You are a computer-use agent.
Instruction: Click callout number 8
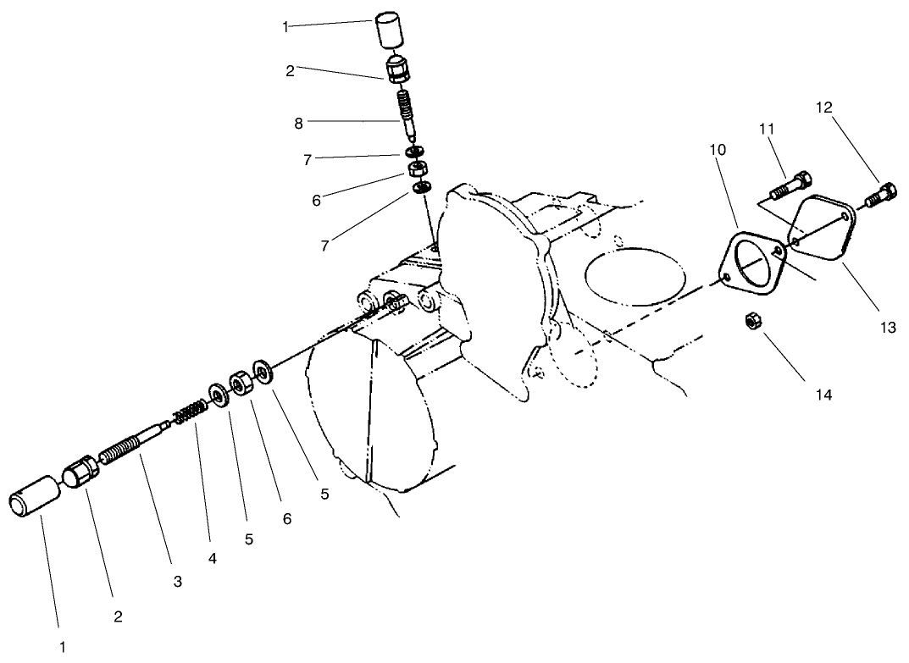[x=298, y=123]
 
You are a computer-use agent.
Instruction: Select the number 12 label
[x=824, y=108]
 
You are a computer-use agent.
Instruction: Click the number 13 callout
[x=887, y=328]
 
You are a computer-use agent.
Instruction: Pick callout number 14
[x=823, y=394]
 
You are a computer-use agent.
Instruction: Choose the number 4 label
[x=213, y=558]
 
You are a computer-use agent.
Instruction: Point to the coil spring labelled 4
[x=192, y=413]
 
